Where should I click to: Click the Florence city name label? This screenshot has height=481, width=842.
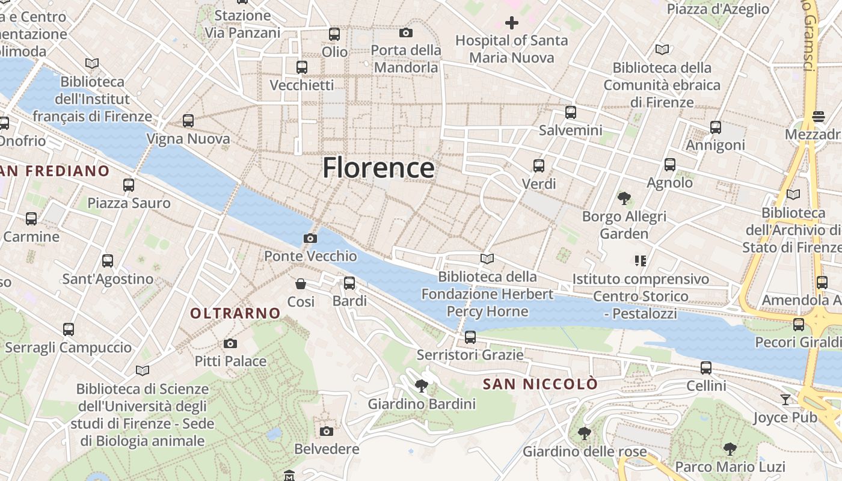tap(378, 168)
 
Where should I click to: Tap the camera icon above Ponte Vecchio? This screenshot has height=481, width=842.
tap(310, 239)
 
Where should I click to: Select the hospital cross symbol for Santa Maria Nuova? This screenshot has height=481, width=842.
tap(511, 23)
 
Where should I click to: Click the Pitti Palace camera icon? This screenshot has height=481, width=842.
tap(230, 344)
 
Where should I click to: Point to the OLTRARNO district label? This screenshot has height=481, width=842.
tap(235, 313)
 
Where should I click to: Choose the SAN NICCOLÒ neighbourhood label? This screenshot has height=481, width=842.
tap(541, 384)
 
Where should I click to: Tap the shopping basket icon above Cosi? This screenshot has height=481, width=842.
tap(301, 284)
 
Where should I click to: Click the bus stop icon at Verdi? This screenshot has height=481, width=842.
tap(539, 166)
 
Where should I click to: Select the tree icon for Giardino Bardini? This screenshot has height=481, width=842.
tap(422, 386)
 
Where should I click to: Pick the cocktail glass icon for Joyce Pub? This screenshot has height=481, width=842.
tap(785, 400)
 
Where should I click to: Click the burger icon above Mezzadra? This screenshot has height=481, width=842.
tap(818, 116)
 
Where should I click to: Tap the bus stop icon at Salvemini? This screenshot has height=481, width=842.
tap(570, 112)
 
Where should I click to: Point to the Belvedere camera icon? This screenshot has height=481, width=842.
tap(327, 431)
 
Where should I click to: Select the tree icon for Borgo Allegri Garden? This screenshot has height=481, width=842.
tap(624, 198)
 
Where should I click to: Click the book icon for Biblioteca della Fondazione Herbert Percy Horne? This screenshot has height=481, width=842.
tap(487, 259)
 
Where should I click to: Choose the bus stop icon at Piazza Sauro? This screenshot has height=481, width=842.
tap(129, 185)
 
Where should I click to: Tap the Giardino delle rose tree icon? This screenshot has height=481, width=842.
tap(584, 434)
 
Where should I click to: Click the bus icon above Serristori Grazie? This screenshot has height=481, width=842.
tap(470, 337)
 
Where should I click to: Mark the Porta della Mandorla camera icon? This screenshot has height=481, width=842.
tap(406, 32)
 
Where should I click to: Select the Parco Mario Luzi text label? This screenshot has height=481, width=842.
tap(730, 467)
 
